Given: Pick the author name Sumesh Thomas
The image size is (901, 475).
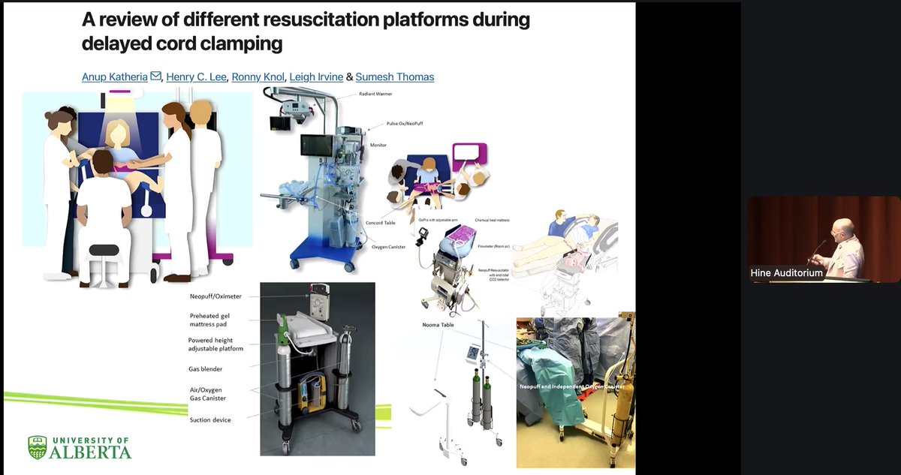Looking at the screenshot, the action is click(395, 77).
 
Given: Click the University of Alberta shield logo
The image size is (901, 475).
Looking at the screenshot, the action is click(37, 447).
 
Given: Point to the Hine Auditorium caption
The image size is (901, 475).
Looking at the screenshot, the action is click(786, 273).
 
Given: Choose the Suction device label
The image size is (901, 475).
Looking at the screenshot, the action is click(209, 419).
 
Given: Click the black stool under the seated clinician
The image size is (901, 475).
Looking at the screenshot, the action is click(104, 252).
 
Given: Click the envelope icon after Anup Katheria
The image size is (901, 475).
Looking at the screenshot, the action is click(155, 76).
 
